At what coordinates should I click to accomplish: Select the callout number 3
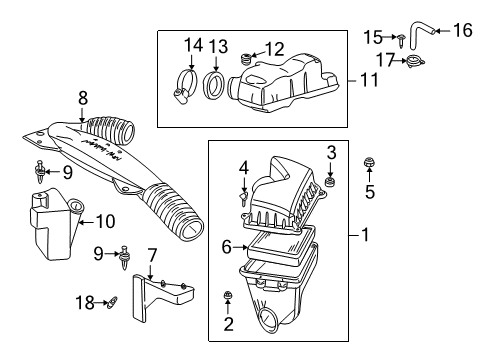click(331, 151)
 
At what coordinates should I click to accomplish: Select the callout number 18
click(87, 299)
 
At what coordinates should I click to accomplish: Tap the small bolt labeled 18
click(112, 301)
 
